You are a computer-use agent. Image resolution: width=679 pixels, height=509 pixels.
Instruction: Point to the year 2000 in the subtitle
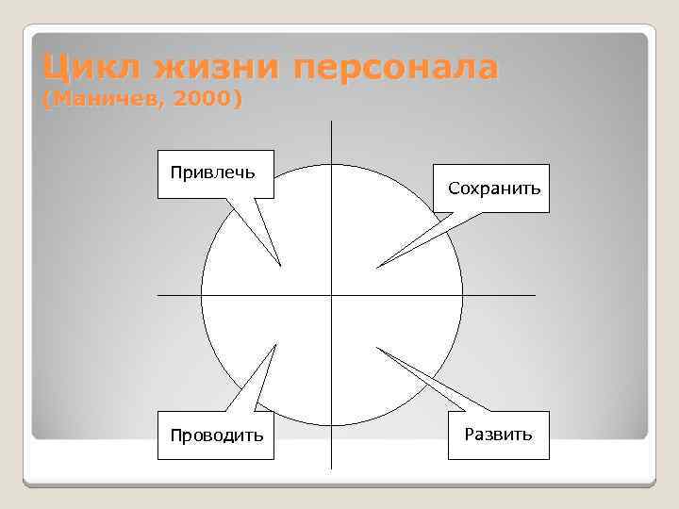[200, 99]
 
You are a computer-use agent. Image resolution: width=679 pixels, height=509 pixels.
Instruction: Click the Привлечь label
[215, 172]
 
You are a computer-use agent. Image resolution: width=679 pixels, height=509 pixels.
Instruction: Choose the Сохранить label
[494, 189]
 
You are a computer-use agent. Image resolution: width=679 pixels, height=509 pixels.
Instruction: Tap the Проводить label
[216, 435]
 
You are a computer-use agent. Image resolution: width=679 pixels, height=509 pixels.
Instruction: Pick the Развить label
[499, 435]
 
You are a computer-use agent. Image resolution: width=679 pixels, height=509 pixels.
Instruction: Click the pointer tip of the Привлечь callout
[280, 265]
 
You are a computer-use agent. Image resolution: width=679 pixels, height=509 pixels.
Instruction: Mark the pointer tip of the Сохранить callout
[377, 268]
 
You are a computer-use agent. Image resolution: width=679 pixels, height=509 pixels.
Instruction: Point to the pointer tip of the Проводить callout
[276, 345]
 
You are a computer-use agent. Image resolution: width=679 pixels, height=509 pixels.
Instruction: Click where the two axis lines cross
[332, 295]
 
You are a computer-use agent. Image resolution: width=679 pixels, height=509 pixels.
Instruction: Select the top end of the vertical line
[332, 121]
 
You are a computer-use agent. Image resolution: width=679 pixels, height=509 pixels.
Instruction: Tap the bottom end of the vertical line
[332, 468]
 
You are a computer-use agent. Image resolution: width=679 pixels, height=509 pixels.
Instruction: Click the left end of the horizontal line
[157, 295]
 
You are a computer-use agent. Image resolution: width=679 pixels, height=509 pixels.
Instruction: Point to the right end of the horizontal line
[535, 295]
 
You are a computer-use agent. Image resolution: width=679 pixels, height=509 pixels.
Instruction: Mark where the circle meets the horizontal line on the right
[463, 295]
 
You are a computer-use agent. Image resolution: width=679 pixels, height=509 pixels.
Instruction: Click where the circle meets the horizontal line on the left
[201, 295]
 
